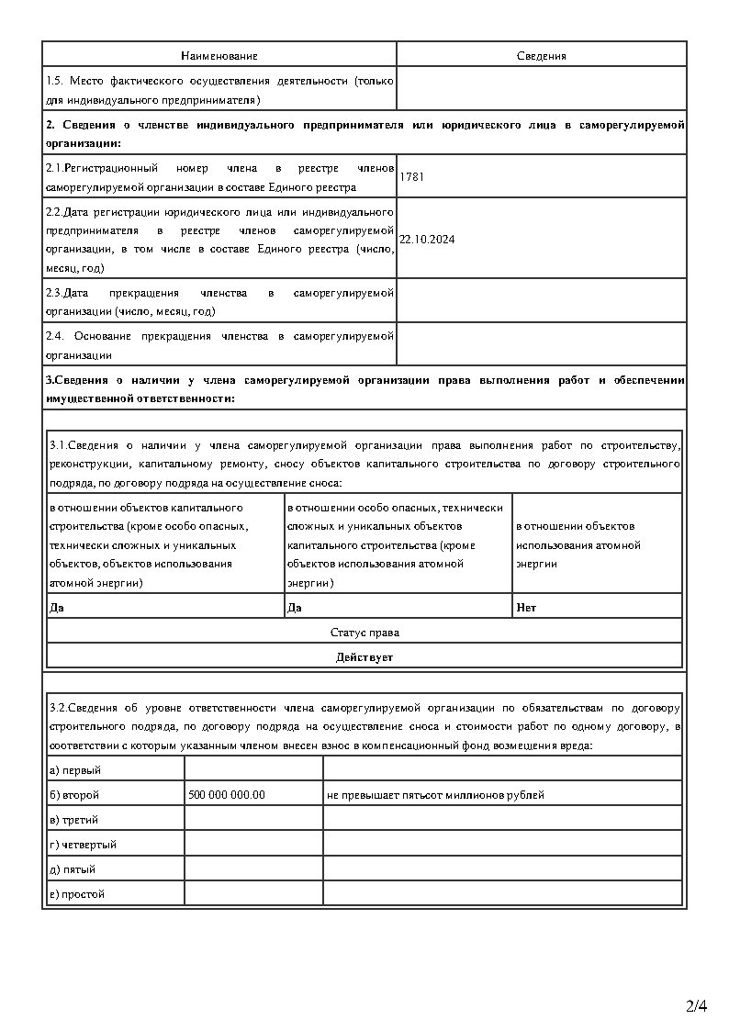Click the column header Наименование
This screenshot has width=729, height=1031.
pyautogui.click(x=219, y=56)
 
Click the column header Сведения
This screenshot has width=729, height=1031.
pyautogui.click(x=541, y=56)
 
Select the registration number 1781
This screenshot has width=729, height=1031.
pyautogui.click(x=412, y=176)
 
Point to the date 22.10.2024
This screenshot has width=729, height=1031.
pyautogui.click(x=428, y=239)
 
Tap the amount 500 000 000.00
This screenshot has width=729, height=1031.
pyautogui.click(x=226, y=794)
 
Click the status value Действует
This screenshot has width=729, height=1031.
pyautogui.click(x=364, y=656)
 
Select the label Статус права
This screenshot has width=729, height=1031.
pyautogui.click(x=364, y=633)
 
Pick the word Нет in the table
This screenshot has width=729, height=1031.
pyautogui.click(x=526, y=607)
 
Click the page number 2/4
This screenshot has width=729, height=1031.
pyautogui.click(x=697, y=1006)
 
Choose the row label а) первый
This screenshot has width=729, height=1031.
pyautogui.click(x=75, y=769)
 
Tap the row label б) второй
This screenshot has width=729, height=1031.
pyautogui.click(x=74, y=794)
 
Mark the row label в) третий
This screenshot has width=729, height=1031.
pyautogui.click(x=74, y=819)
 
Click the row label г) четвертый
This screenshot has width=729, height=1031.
pyautogui.click(x=83, y=844)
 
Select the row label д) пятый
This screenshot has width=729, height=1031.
pyautogui.click(x=73, y=869)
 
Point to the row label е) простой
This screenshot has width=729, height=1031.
pyautogui.click(x=77, y=893)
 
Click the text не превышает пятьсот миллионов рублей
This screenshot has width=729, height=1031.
pyautogui.click(x=435, y=794)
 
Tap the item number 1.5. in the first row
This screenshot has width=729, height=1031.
pyautogui.click(x=54, y=81)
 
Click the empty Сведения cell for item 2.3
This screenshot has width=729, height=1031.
pyautogui.click(x=541, y=301)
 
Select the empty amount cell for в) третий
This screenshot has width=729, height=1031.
pyautogui.click(x=253, y=819)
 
